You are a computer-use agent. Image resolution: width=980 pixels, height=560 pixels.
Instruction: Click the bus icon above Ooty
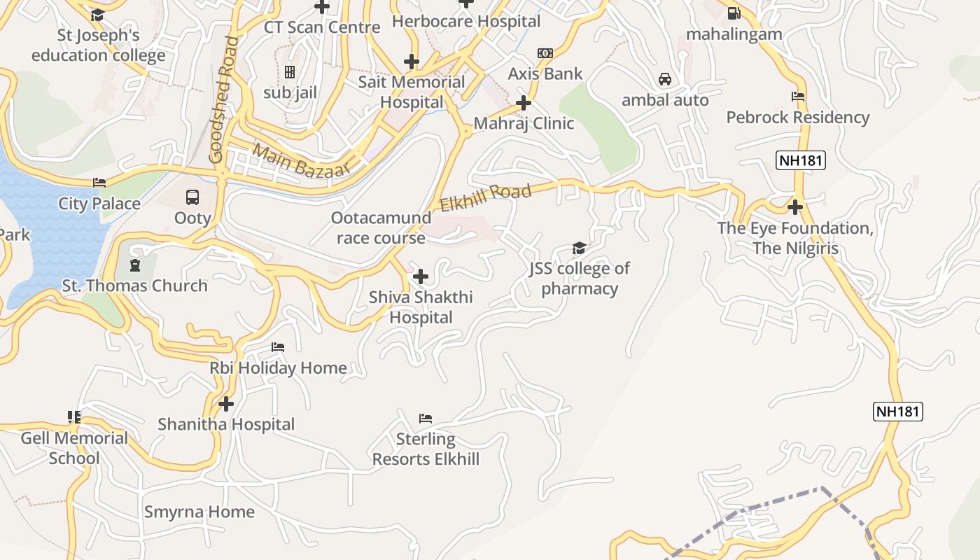click(x=192, y=197)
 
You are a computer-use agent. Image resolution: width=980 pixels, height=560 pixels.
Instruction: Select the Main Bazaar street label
click(x=300, y=160)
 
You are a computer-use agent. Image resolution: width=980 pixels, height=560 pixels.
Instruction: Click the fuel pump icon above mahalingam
click(x=734, y=13)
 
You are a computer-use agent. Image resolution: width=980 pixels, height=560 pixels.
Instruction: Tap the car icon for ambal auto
click(x=665, y=79)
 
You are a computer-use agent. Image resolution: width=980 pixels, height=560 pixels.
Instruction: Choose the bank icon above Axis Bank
click(x=545, y=53)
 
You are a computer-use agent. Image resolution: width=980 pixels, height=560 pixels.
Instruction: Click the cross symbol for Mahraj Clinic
click(x=523, y=104)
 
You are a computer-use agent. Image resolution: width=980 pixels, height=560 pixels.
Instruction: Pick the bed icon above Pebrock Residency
click(x=797, y=97)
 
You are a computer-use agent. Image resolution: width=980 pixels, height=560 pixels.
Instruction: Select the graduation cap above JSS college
click(x=579, y=248)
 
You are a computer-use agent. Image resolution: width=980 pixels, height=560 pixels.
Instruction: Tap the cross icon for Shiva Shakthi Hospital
click(x=421, y=276)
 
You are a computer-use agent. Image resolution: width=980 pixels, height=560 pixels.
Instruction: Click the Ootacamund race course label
click(x=381, y=227)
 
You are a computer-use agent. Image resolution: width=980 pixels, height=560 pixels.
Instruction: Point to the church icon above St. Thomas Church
click(x=134, y=265)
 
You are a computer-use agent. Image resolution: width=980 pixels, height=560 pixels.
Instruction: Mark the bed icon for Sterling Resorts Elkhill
click(x=425, y=419)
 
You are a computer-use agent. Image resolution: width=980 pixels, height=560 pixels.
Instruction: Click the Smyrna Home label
click(x=199, y=512)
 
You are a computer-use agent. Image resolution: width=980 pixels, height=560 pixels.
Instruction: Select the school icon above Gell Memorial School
click(x=74, y=418)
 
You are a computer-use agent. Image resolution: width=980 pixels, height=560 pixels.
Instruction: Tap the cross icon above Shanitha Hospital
click(x=225, y=404)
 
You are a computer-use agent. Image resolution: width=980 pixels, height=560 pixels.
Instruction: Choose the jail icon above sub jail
click(x=290, y=72)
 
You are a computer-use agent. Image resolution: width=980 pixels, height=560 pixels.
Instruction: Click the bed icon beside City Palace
click(x=99, y=183)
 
